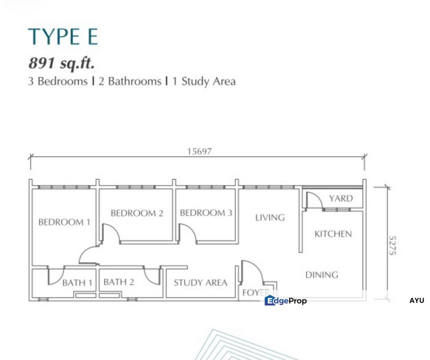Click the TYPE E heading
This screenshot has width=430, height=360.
point(63,37)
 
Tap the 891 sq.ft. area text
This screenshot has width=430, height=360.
point(62,63)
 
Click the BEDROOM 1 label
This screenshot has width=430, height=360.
point(64,222)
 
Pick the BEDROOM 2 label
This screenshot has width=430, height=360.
point(136,213)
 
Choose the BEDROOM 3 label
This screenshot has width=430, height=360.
point(206,213)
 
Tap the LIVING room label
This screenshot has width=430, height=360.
point(269,217)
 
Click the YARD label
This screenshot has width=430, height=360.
point(340,198)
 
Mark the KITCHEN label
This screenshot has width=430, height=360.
point(333,233)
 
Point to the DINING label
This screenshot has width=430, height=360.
point(321,274)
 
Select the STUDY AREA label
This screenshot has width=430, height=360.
point(200,282)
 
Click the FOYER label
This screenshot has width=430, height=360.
point(255,292)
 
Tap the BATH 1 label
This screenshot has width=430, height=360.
point(77,282)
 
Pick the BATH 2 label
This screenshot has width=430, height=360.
point(118,282)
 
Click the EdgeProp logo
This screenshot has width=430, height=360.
point(285,300)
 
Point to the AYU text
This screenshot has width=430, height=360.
point(416,300)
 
